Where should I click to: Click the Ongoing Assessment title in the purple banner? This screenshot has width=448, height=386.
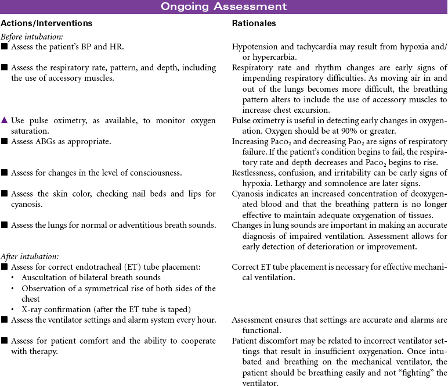(x=223, y=6)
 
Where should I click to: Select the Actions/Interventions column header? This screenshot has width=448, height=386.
(x=46, y=24)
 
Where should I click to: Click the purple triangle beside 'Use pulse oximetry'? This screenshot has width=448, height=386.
(x=5, y=120)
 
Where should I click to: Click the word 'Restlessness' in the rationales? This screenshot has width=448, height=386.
(x=254, y=173)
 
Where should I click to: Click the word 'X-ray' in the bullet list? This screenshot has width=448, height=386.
(x=32, y=308)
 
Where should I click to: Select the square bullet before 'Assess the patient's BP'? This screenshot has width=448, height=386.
(x=5, y=47)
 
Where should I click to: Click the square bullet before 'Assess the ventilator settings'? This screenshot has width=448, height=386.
(x=5, y=320)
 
